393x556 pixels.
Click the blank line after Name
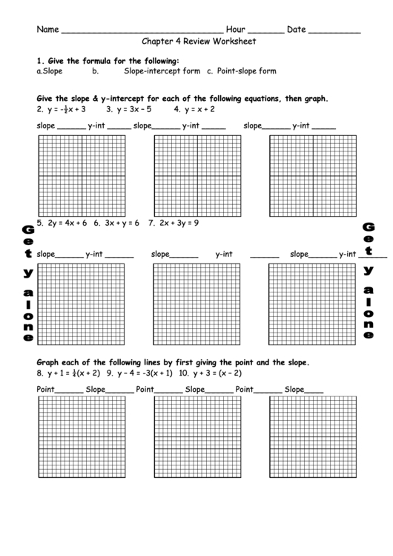point(141,33)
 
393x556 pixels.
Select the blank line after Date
point(334,33)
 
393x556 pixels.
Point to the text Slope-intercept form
point(162,72)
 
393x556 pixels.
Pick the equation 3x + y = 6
point(120,222)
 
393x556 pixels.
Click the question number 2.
point(39,108)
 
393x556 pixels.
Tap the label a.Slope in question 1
point(49,72)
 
